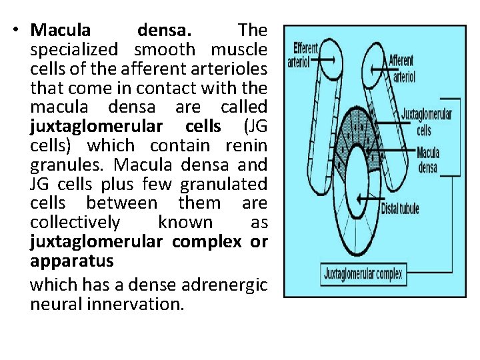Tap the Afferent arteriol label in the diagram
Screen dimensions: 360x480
pos(402,67)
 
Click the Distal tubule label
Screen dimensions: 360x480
pos(400,209)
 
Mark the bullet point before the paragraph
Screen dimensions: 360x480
pos(19,30)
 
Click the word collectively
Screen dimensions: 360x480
pos(75,222)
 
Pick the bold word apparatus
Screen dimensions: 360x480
pos(71,260)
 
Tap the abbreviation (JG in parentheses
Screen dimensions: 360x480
pos(255,126)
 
